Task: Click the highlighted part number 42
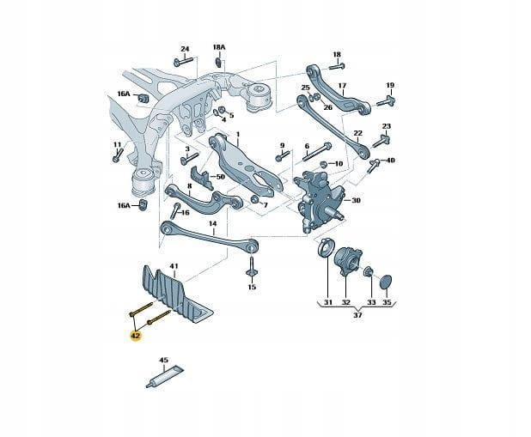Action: point(136,337)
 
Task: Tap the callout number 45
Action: point(164,361)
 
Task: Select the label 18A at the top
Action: point(218,47)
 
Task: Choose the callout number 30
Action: point(356,201)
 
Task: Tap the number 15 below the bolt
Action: point(252,287)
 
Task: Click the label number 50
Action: point(220,176)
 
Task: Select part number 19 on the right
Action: point(389,86)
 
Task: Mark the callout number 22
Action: point(358,133)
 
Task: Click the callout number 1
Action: point(237,136)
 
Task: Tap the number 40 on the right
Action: point(390,161)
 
